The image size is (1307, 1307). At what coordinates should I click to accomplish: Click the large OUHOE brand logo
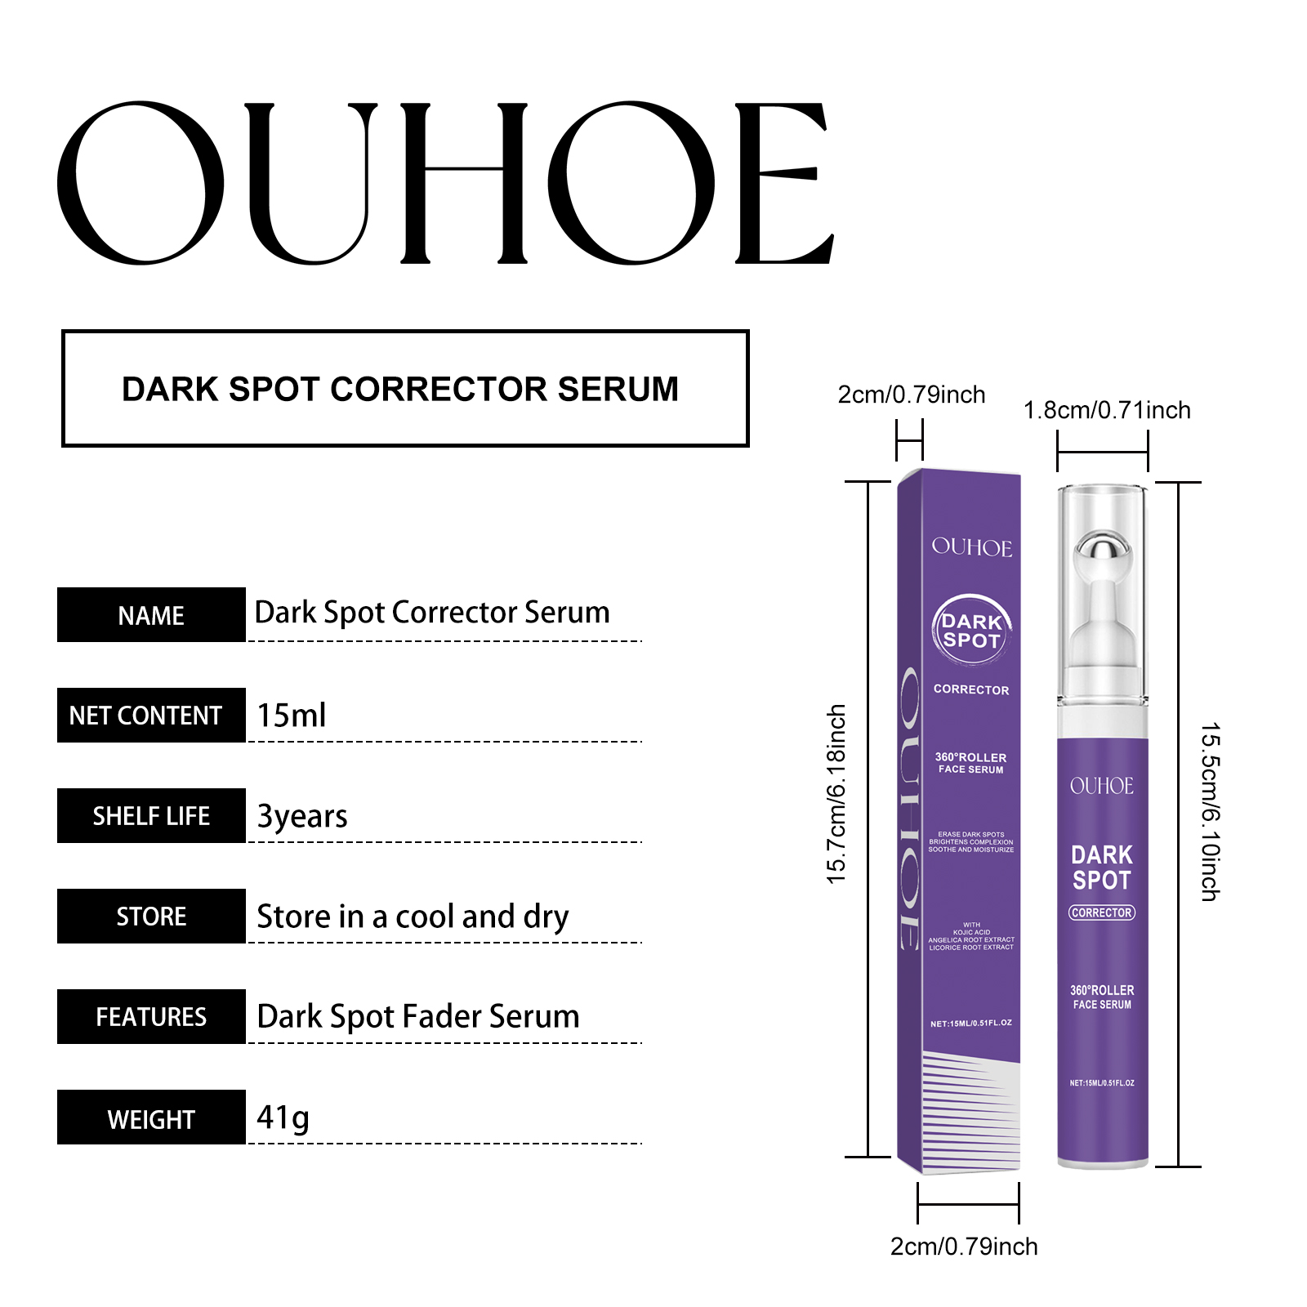(445, 183)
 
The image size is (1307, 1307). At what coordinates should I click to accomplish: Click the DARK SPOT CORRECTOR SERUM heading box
(405, 389)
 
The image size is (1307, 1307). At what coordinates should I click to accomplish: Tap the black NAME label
(151, 615)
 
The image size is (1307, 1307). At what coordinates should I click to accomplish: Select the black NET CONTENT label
(151, 716)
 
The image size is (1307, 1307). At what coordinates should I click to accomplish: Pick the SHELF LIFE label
(151, 816)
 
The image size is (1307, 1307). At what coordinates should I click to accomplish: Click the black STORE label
(151, 917)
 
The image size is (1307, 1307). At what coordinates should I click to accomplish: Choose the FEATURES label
(151, 1017)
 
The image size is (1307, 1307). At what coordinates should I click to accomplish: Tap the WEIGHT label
(151, 1117)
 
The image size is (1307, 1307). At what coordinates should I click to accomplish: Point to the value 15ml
(292, 716)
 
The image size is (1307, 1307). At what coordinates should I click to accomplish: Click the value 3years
(302, 816)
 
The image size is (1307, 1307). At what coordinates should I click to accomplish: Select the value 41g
(283, 1117)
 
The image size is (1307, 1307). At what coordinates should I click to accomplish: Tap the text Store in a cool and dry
(413, 917)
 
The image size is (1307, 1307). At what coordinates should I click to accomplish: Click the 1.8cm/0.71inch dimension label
(1107, 410)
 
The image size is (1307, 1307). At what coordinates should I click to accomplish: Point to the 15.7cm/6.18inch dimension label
(836, 794)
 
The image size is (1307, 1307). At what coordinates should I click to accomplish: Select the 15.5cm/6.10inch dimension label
(1210, 812)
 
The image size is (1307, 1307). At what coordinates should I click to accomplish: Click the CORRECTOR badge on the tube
(1102, 912)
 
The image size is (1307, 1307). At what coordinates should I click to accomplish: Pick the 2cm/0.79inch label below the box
(964, 1247)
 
